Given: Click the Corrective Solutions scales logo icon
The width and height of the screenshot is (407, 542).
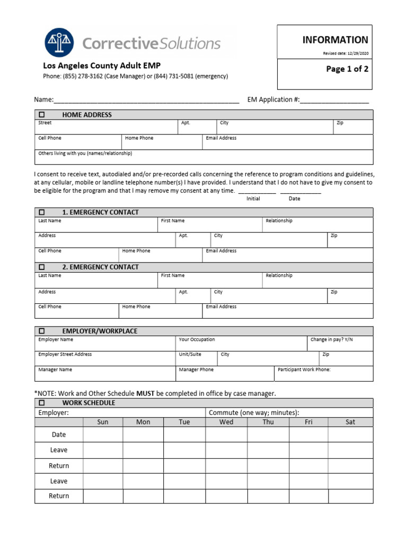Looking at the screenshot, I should coord(59,43).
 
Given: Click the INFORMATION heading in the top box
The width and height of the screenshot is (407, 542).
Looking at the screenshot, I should coord(335,40).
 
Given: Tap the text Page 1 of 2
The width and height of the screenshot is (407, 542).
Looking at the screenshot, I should coord(347,69).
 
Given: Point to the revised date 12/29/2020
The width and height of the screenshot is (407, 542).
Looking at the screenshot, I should coord(357,53).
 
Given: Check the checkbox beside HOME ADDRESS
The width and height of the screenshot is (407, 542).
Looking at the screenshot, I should coord(42,115).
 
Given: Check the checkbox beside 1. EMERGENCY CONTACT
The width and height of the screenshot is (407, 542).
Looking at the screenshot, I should coord(42,212).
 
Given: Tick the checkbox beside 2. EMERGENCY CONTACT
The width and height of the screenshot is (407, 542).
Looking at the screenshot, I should coord(42,267).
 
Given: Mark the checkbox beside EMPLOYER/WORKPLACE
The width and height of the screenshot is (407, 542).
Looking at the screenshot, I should coord(42,331).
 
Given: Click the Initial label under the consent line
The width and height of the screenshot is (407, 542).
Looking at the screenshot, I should coord(253,198).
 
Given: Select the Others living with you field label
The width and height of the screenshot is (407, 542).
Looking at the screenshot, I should coord(85,153).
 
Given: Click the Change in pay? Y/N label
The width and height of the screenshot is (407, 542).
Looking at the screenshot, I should coord(331,340).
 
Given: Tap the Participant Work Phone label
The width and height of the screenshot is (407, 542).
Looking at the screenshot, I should coord(304,370).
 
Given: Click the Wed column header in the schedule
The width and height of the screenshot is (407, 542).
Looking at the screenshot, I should coord(226,422).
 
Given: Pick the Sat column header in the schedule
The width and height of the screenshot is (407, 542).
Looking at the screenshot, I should coord(350,422).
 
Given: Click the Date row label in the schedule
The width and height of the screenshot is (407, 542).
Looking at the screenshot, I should coord(59,435).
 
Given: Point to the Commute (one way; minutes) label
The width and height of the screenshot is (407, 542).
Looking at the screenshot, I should coord(254,412).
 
